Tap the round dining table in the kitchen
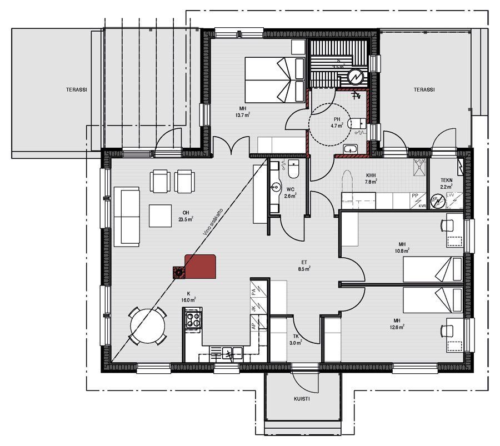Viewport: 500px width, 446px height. click(148, 326)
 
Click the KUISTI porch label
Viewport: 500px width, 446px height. click(302, 399)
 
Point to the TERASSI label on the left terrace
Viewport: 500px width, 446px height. click(77, 89)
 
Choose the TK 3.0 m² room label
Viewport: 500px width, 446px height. click(296, 339)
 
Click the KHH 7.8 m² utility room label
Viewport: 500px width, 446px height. click(371, 178)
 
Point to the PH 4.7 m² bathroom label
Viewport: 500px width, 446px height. click(337, 122)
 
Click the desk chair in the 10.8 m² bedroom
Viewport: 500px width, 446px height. click(446, 225)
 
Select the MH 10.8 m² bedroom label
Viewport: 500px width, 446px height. click(402, 247)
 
